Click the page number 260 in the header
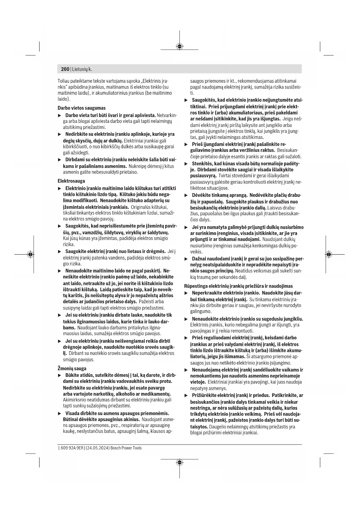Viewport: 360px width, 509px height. point(65,69)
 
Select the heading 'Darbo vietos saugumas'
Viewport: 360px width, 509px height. point(82,108)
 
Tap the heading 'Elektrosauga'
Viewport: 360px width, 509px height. point(71,181)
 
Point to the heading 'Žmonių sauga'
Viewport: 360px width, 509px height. point(72,369)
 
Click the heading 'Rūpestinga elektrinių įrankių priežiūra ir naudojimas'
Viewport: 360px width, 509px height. point(238,286)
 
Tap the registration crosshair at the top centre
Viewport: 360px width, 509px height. point(180,46)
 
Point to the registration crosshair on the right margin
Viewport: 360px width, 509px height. point(328,255)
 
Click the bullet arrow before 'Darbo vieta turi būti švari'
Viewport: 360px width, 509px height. point(60,115)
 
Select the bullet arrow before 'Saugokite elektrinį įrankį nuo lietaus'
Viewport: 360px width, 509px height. point(60,252)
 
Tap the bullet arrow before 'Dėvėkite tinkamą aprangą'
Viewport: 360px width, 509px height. point(186,195)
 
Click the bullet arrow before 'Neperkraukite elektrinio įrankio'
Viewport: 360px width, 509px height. point(186,293)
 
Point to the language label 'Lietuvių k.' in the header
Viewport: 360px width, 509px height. point(82,69)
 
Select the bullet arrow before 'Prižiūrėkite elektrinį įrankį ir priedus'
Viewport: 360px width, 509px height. point(186,396)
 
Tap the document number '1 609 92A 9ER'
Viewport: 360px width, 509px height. point(70,448)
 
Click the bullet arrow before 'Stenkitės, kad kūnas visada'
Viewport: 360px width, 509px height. point(186,164)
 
